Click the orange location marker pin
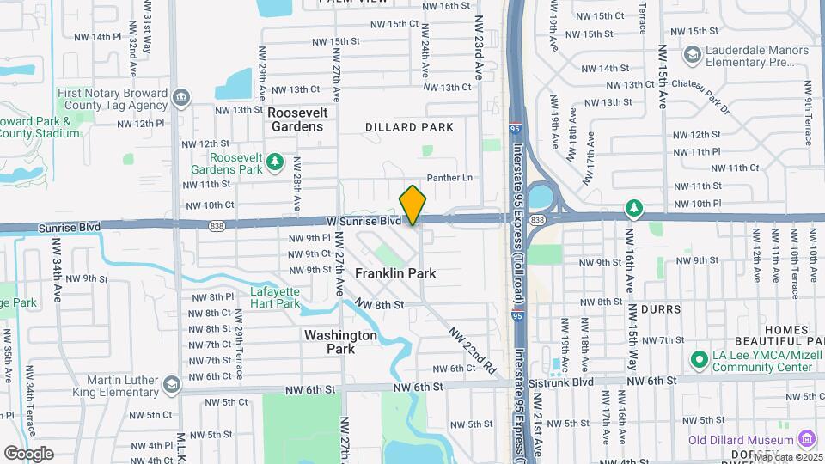[412, 205]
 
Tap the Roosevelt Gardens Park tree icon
[274, 161]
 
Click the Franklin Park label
[395, 273]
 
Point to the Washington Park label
[340, 342]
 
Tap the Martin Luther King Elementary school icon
[172, 383]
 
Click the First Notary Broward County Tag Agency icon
[180, 96]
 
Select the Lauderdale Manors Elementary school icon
[691, 56]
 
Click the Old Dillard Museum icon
[806, 440]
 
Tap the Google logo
[28, 453]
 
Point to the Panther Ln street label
[456, 178]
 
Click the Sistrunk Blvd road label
[584, 381]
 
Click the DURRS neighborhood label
[660, 308]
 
